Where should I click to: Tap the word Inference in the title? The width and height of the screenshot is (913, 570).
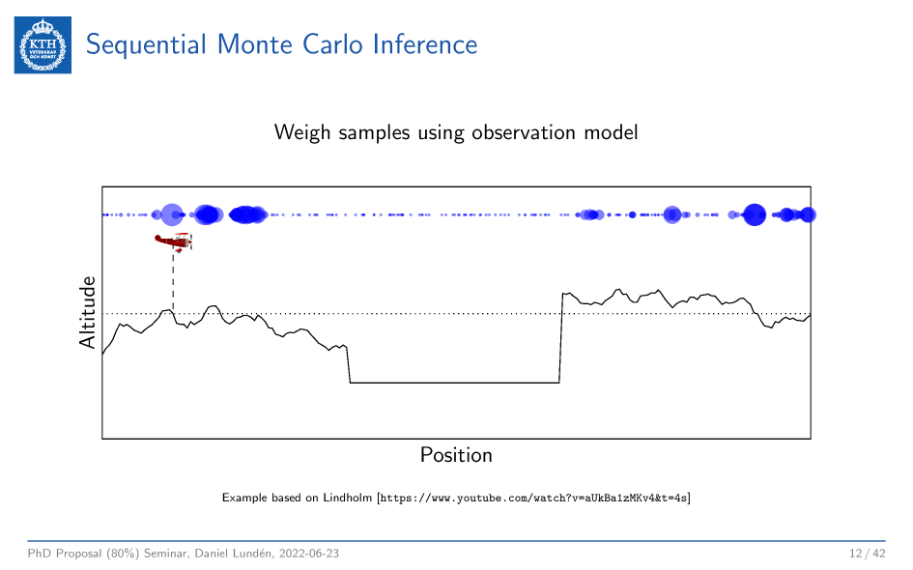click(x=426, y=44)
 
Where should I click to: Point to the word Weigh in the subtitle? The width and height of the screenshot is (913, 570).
click(x=300, y=132)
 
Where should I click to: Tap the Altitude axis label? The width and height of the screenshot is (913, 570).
click(x=88, y=312)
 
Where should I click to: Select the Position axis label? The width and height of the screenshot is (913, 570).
click(x=456, y=454)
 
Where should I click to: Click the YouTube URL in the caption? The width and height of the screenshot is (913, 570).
click(x=534, y=499)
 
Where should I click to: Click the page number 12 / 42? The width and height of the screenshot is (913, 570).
click(x=867, y=554)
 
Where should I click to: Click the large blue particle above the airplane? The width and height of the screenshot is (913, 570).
click(x=172, y=214)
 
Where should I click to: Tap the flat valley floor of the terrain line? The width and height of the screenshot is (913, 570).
click(x=454, y=383)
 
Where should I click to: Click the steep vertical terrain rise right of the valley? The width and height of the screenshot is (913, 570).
click(x=561, y=338)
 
